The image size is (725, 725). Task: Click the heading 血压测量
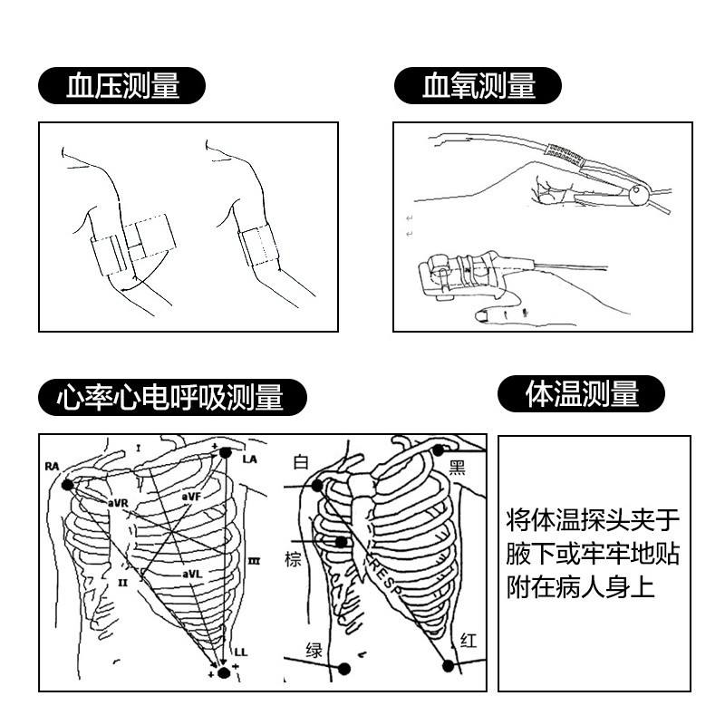(123, 87)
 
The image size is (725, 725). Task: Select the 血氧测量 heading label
(478, 87)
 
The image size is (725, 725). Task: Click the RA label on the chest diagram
(51, 466)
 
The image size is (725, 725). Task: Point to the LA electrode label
(250, 459)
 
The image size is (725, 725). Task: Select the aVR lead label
(119, 502)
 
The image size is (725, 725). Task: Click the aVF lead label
(190, 497)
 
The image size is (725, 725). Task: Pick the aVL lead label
(190, 574)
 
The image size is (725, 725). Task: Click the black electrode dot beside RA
(67, 485)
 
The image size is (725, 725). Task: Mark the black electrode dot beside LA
(227, 451)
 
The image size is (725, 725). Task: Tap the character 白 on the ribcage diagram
(301, 463)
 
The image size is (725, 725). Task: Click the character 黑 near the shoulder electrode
(458, 468)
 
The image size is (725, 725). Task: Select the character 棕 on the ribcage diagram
(293, 560)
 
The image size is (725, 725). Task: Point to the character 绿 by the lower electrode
(314, 649)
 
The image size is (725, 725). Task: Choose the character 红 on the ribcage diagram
(469, 641)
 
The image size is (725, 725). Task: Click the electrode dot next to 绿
(344, 669)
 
